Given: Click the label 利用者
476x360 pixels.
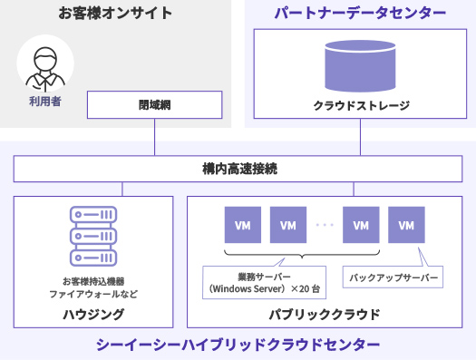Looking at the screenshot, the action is coord(45,102).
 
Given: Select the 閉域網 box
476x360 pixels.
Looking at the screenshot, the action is coord(154,104).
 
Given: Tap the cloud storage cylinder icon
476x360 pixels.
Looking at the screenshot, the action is coord(360,66).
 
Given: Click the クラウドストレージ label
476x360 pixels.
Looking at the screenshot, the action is coord(361,105).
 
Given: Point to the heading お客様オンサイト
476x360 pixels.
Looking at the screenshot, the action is coord(115,13).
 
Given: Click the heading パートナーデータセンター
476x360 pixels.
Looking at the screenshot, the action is coord(360,13).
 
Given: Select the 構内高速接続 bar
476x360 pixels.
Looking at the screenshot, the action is coord(238,169).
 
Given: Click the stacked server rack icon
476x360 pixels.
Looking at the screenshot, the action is coord(93,236).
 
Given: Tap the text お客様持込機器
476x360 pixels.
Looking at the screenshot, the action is coord(93,281).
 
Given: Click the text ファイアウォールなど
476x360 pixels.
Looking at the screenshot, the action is coord(93,294).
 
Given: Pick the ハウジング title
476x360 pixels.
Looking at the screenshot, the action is coord(93,314).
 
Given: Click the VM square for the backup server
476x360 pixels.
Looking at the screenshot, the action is coord(406,225).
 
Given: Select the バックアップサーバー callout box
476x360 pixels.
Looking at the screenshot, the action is coord(393,277).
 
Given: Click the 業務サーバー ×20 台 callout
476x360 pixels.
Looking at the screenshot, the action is coord(265,282).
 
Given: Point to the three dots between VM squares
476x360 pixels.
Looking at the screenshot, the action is coord(325,225).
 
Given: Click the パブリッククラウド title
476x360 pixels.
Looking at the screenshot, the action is coord(325,314).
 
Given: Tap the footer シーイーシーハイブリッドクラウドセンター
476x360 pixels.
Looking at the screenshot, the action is coord(238,345).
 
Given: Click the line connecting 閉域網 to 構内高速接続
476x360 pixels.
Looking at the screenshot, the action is coord(154,137).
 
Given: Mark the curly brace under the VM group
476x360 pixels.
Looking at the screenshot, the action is coord(302,254).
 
